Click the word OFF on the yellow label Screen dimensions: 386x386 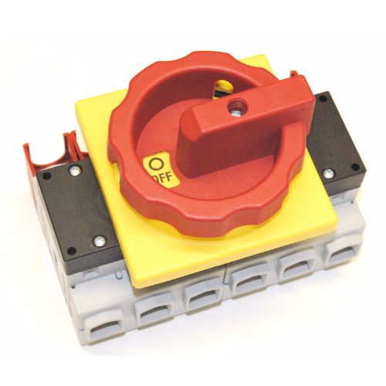(163, 178)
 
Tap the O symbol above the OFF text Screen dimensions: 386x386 (156, 164)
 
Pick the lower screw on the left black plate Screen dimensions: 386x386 (99, 241)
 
